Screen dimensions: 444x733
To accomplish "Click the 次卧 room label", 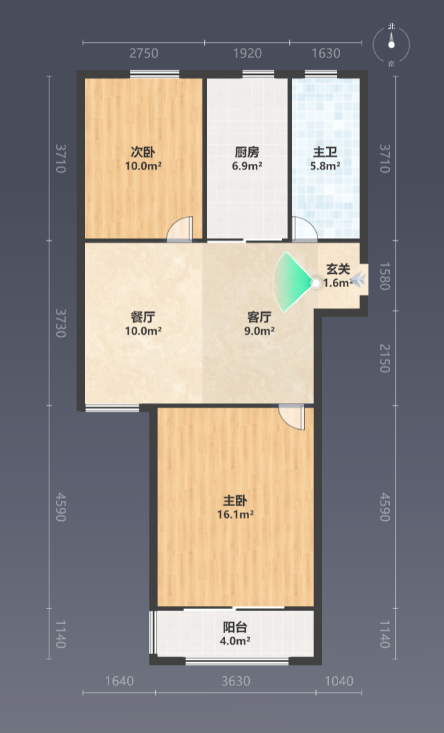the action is (143, 152).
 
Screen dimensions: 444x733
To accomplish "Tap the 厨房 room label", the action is (247, 152).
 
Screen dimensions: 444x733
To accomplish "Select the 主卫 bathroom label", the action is (325, 152).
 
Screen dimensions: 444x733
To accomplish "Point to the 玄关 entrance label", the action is (338, 269).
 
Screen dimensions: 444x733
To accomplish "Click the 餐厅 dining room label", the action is (143, 317).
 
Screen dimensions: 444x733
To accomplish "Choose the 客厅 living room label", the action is (259, 317).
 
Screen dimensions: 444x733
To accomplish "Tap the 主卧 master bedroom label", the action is (235, 501).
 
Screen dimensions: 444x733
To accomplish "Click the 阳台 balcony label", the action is (235, 627).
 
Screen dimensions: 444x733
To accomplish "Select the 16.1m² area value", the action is (235, 515).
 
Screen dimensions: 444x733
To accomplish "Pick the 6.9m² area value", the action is (247, 165).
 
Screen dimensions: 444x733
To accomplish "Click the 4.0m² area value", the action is (235, 641).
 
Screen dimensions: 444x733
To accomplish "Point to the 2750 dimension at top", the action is (143, 54).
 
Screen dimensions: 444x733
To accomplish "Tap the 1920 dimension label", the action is (247, 54).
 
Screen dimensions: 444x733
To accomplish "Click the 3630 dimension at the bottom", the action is (236, 681).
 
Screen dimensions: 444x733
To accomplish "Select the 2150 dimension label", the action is (384, 358).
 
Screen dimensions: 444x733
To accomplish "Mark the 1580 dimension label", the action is (384, 276).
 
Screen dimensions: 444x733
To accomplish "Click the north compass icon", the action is (392, 45).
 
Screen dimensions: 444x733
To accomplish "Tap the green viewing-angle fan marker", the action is (293, 282).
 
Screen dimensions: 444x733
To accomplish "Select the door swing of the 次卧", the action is (179, 229).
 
